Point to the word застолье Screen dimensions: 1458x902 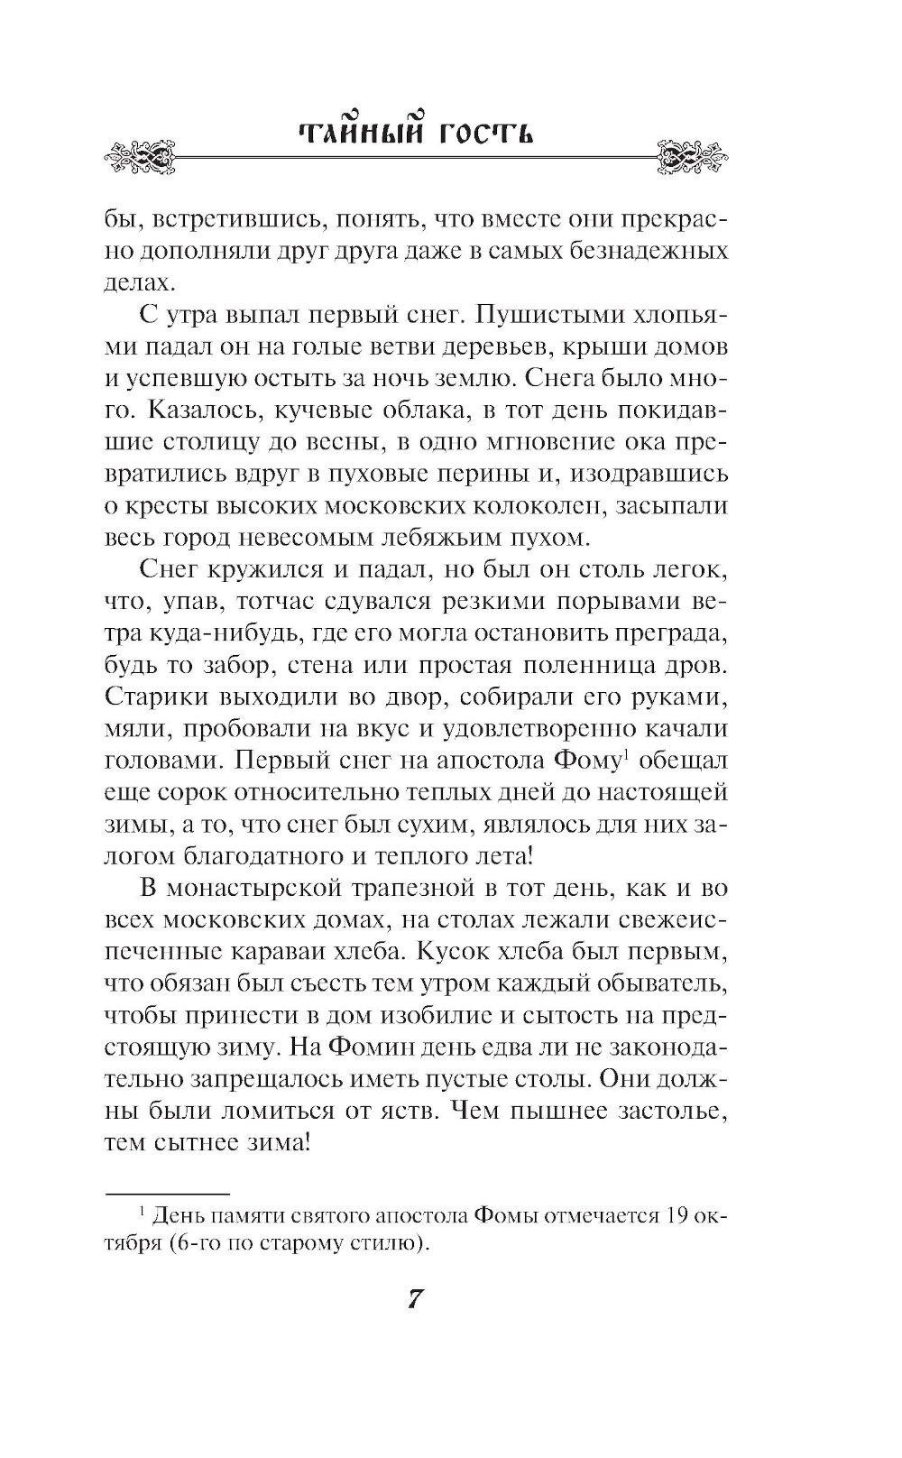click(656, 1113)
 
